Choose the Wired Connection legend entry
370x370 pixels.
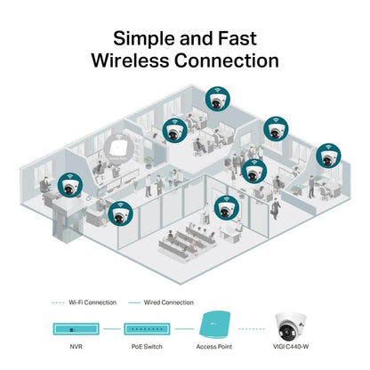[x=167, y=302]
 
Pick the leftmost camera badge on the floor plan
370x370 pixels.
[x=68, y=183]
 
